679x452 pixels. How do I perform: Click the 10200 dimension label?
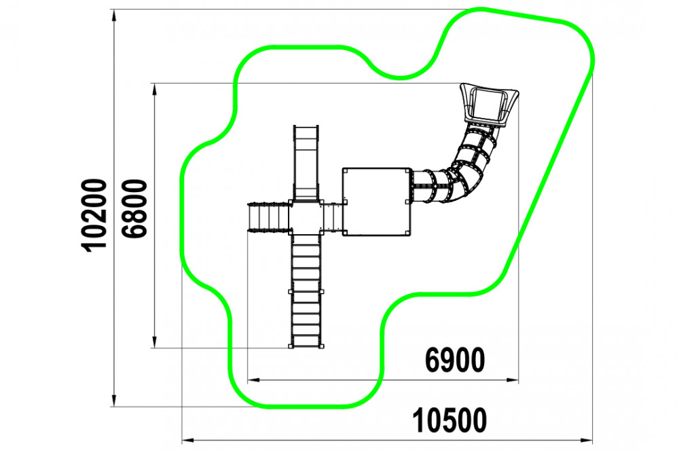[x=94, y=215]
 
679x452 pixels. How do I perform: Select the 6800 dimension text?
[x=134, y=208]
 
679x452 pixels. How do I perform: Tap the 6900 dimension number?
[x=455, y=360]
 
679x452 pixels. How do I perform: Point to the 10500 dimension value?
[x=449, y=420]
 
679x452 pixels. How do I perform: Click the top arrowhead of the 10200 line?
[x=114, y=15]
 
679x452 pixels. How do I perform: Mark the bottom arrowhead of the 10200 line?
[x=114, y=400]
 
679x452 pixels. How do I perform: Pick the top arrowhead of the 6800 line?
[x=154, y=89]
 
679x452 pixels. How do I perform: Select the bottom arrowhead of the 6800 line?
[x=154, y=342]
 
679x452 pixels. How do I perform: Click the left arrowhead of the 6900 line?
[x=253, y=380]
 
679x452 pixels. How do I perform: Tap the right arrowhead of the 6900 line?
[x=512, y=380]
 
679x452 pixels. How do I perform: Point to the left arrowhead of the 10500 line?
[x=187, y=440]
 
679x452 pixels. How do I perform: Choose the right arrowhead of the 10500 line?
[x=587, y=440]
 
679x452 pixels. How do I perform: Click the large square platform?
[x=377, y=202]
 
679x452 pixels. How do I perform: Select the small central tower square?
[x=306, y=217]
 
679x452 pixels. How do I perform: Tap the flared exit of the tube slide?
[x=489, y=104]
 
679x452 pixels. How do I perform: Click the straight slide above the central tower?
[x=306, y=162]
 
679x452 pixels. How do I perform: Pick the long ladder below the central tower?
[x=306, y=291]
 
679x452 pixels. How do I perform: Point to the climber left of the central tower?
[x=268, y=217]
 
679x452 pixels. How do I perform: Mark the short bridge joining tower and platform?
[x=333, y=217]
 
